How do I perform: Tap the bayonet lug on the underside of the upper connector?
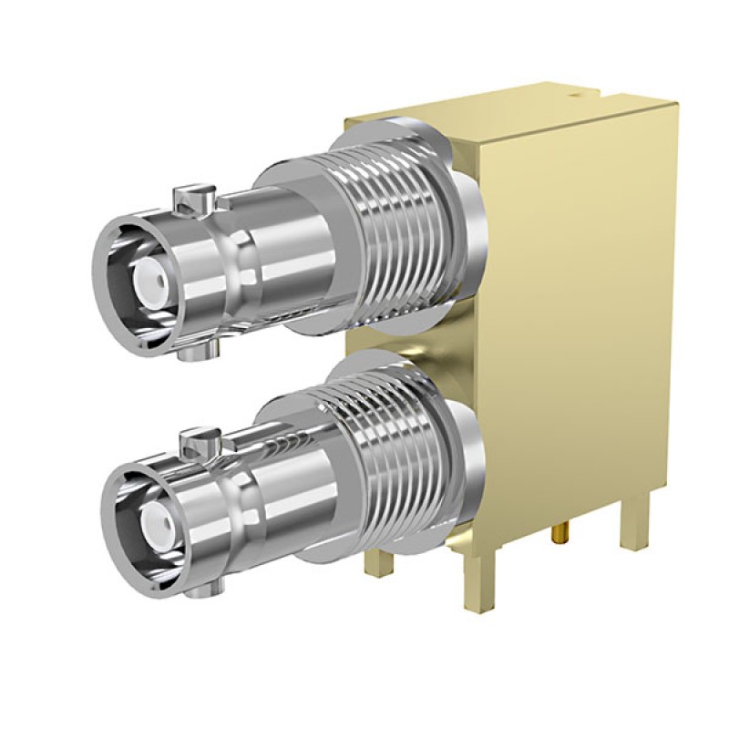[x=198, y=350]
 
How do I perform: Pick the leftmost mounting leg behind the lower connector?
[x=379, y=560]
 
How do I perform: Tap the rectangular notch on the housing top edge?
[x=610, y=95]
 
